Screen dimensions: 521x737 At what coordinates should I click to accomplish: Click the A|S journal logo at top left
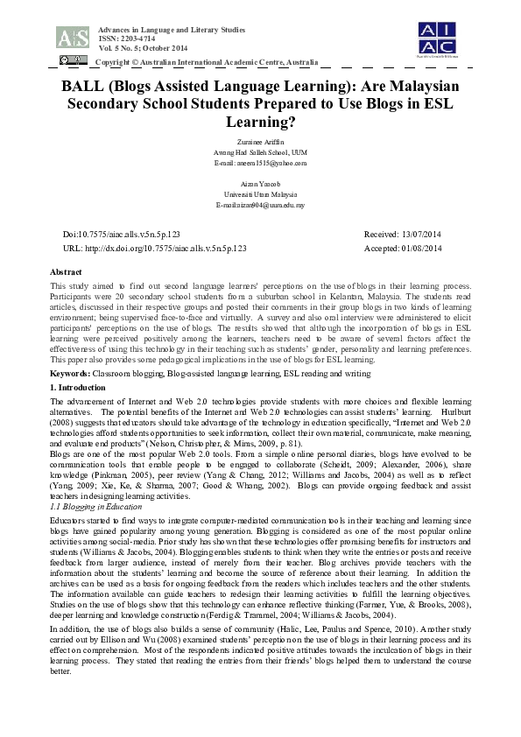(x=72, y=36)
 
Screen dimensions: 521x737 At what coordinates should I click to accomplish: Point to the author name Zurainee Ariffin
(x=260, y=141)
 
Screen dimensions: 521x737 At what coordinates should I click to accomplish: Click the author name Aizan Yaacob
(x=260, y=184)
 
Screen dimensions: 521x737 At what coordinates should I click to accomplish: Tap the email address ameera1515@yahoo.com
(x=260, y=163)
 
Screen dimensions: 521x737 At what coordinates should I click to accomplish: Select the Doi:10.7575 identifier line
(x=122, y=235)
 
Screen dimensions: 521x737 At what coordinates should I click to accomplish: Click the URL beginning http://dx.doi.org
(x=155, y=249)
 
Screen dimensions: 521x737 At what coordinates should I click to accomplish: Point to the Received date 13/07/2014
(x=403, y=235)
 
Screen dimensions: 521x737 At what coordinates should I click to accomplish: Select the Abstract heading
(x=67, y=273)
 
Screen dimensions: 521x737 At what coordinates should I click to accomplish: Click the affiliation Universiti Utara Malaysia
(x=260, y=194)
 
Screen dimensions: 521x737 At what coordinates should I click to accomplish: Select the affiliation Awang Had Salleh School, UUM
(x=260, y=152)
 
